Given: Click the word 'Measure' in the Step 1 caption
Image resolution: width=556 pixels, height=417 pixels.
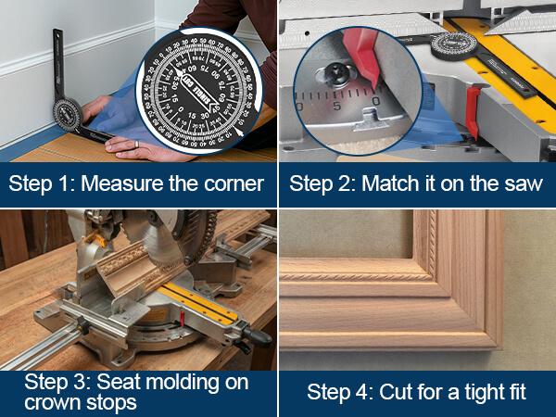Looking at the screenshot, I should coord(114,183).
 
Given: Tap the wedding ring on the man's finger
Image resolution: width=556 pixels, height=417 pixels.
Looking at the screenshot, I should coord(137,145).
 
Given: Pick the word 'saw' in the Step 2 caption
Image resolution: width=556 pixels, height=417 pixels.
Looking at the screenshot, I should coord(524,183).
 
